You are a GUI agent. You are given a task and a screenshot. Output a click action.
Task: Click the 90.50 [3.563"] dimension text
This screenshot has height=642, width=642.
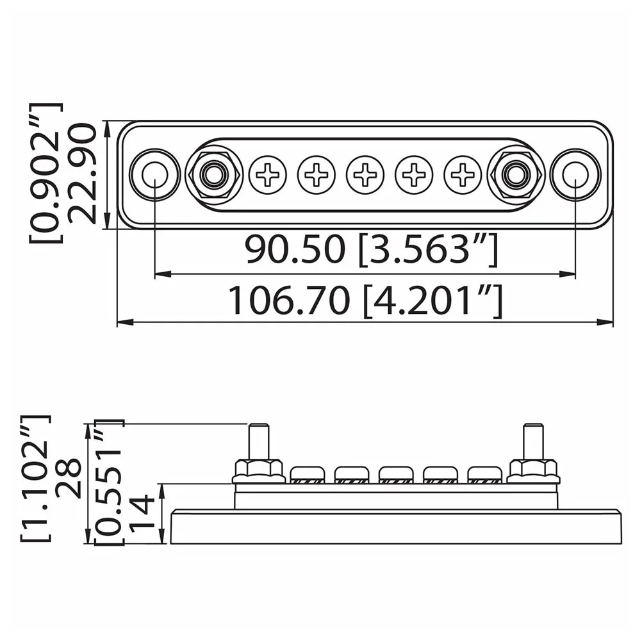(370, 250)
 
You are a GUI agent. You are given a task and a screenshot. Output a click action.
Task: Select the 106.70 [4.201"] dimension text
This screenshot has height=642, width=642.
(365, 300)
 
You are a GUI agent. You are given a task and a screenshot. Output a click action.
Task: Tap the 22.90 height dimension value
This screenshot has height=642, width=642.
(82, 174)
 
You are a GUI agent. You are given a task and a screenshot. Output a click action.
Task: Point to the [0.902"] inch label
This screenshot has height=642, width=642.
(46, 174)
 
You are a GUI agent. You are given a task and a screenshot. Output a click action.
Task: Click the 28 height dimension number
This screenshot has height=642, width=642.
(69, 479)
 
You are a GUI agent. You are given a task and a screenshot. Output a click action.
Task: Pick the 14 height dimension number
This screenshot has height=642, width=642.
(142, 513)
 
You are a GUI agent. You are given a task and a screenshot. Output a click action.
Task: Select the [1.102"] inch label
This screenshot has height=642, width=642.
(35, 479)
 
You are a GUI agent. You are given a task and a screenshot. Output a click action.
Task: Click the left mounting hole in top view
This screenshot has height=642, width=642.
(154, 174)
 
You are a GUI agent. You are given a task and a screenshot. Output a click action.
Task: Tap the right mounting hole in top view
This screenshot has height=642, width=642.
(575, 174)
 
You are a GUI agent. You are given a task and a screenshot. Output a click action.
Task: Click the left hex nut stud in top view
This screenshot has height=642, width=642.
(213, 174)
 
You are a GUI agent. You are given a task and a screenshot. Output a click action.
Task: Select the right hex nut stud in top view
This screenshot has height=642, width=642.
(516, 174)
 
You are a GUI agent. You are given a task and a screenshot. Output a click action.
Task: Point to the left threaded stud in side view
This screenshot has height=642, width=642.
(258, 441)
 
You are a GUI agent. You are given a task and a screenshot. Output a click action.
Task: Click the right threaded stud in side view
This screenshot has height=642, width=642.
(533, 441)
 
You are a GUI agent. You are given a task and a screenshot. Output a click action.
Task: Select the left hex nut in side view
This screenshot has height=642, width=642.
(258, 471)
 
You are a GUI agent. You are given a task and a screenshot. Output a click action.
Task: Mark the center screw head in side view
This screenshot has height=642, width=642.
(396, 474)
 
